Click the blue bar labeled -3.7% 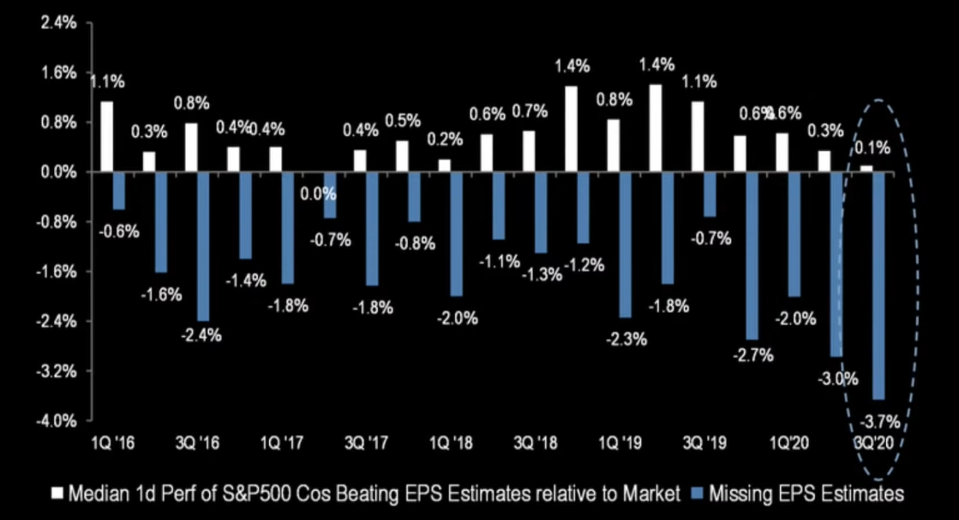pyautogui.click(x=878, y=285)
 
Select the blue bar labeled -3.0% pyautogui.click(x=836, y=264)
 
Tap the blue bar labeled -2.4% pyautogui.click(x=203, y=247)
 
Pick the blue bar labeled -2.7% pyautogui.click(x=752, y=255)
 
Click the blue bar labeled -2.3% pyautogui.click(x=626, y=244)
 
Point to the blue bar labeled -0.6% pyautogui.click(x=119, y=190)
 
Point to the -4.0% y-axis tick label pyautogui.click(x=57, y=421)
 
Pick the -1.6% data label pyautogui.click(x=163, y=295)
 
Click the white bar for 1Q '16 pyautogui.click(x=106, y=137)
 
